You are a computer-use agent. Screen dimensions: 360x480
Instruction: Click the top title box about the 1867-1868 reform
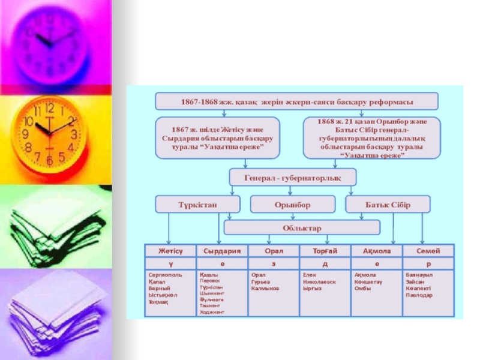coord(296,101)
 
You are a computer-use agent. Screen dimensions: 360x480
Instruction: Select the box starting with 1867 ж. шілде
coord(218,138)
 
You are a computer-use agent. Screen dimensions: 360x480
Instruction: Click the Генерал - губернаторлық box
coord(293,177)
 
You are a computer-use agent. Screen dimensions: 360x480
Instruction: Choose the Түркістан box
coord(196,205)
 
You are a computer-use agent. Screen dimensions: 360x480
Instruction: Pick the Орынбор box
coord(292,205)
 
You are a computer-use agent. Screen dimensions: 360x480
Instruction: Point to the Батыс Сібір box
coord(388,205)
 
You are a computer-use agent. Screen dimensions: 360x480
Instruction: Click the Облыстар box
coord(302,228)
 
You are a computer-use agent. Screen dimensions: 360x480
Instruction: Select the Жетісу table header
coord(170,250)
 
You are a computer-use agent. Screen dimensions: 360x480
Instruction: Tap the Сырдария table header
coord(222,250)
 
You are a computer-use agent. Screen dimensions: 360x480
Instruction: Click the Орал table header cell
coord(274,250)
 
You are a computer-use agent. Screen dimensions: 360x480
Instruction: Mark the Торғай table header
coord(325,250)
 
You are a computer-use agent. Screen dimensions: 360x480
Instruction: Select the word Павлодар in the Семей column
coord(419,295)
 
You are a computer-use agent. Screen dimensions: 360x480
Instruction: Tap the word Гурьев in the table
coord(262,281)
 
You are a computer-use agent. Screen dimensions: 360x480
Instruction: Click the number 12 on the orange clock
coord(49,109)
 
